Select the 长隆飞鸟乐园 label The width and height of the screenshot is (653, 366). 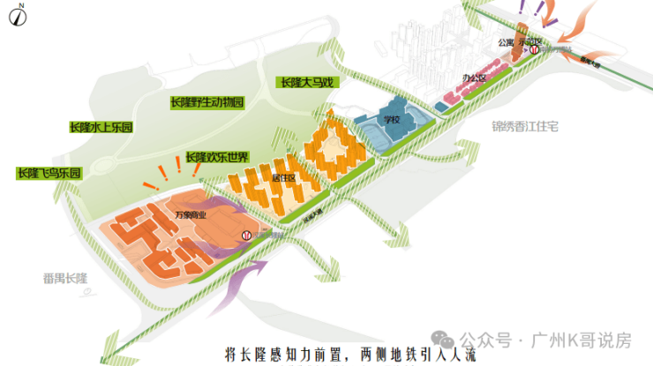pyautogui.click(x=49, y=173)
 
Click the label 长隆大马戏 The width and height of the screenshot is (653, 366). pyautogui.click(x=310, y=82)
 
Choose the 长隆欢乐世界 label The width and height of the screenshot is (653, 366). pyautogui.click(x=217, y=157)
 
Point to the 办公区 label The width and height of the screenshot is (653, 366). pyautogui.click(x=474, y=79)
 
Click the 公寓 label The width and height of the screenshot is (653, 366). pyautogui.click(x=505, y=41)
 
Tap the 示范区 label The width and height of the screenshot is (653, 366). pyautogui.click(x=529, y=41)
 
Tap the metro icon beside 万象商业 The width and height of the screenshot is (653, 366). pyautogui.click(x=247, y=235)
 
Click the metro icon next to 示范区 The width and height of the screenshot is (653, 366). pyautogui.click(x=535, y=51)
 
